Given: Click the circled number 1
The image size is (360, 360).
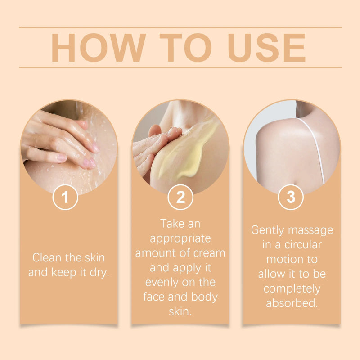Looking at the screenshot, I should tap(66, 197).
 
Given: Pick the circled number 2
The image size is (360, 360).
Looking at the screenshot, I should tap(180, 197).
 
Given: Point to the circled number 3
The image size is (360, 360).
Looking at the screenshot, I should tap(291, 197).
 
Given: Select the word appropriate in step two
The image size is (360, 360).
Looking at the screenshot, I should tap(180, 238).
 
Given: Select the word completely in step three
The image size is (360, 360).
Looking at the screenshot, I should tap(292, 288).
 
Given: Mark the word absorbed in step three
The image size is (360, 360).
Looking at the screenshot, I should tap(292, 303).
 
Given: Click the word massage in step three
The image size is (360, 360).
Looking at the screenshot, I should tap(311, 230).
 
